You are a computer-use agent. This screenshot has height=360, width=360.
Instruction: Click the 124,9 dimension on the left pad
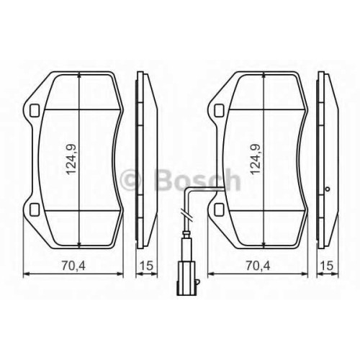71,160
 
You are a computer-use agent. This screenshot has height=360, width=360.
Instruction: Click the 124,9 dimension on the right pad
256,160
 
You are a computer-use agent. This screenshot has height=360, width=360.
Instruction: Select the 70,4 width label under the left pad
73,266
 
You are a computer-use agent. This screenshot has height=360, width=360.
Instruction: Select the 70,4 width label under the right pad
258,266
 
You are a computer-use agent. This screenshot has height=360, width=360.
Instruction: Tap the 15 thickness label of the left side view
146,266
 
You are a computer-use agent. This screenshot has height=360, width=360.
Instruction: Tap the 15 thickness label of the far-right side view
328,266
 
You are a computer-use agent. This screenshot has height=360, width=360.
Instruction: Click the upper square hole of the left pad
35,110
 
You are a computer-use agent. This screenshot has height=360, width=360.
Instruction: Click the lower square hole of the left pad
35,210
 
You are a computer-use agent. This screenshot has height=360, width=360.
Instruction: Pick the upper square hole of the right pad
220,110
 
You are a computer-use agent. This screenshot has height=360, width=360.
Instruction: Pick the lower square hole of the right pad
220,210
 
